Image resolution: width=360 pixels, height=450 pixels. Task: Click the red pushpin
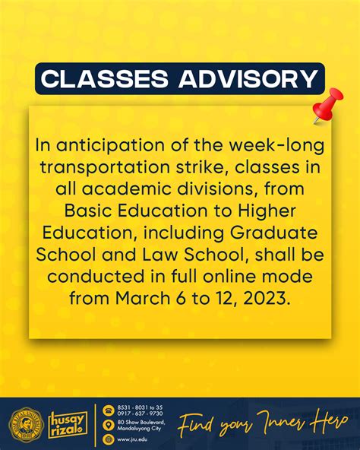coord(327,106)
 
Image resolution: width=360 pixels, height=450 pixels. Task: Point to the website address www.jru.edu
coord(134,439)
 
